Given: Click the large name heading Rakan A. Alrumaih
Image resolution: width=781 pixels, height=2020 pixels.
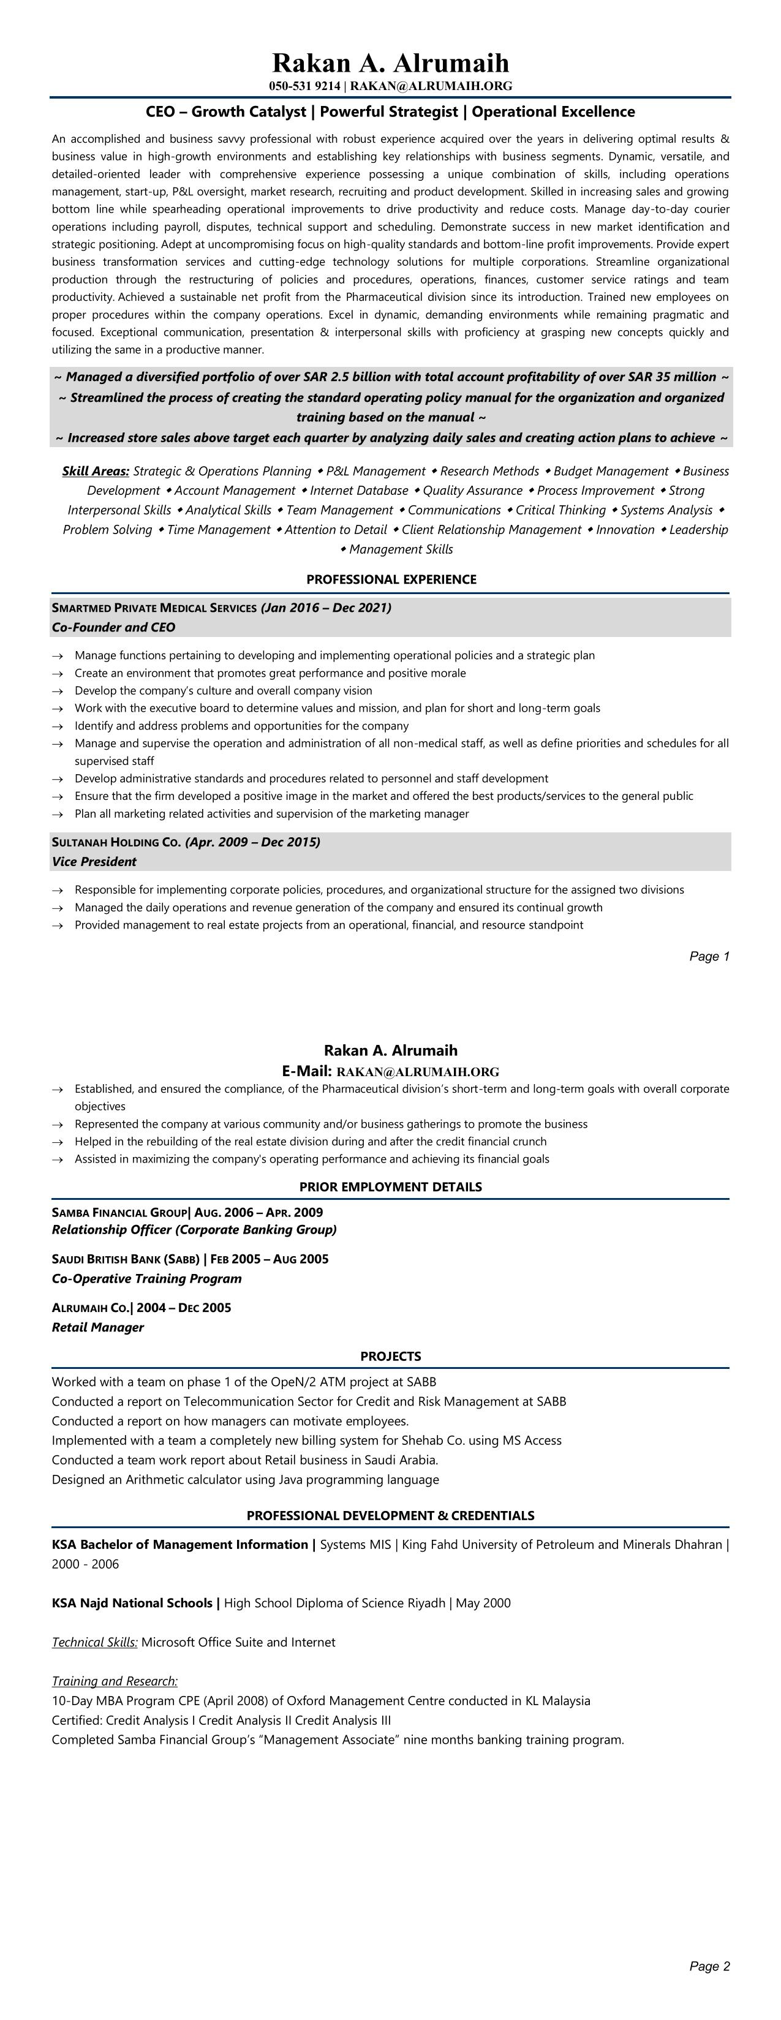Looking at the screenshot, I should (x=391, y=62).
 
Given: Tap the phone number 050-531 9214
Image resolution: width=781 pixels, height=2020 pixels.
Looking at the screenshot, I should (x=304, y=86).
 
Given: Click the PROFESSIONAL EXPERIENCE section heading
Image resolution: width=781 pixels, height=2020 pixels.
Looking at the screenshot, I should (x=391, y=579).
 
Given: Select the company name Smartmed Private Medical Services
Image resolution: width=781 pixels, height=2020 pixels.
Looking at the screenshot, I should (x=154, y=608).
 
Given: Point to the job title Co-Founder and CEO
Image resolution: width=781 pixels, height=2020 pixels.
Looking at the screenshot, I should (x=114, y=627).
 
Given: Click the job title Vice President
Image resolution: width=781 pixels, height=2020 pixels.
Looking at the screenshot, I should (x=94, y=862).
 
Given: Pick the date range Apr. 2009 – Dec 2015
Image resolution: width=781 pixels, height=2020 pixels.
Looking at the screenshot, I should (x=252, y=842).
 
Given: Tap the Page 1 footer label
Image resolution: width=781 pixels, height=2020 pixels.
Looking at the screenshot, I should (x=709, y=956).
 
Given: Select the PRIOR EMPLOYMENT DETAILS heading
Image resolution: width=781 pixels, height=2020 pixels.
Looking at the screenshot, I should (x=391, y=1186).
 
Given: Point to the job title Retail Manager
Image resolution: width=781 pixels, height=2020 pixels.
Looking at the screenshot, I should (x=98, y=1327).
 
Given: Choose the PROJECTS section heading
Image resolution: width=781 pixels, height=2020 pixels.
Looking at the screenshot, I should (x=391, y=1356).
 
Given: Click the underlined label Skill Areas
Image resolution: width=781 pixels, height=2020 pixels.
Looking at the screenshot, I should (x=96, y=471).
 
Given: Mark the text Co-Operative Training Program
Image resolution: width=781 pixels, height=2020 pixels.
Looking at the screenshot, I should (x=146, y=1278).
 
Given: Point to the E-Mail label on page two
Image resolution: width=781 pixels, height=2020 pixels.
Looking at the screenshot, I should (x=307, y=1071).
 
